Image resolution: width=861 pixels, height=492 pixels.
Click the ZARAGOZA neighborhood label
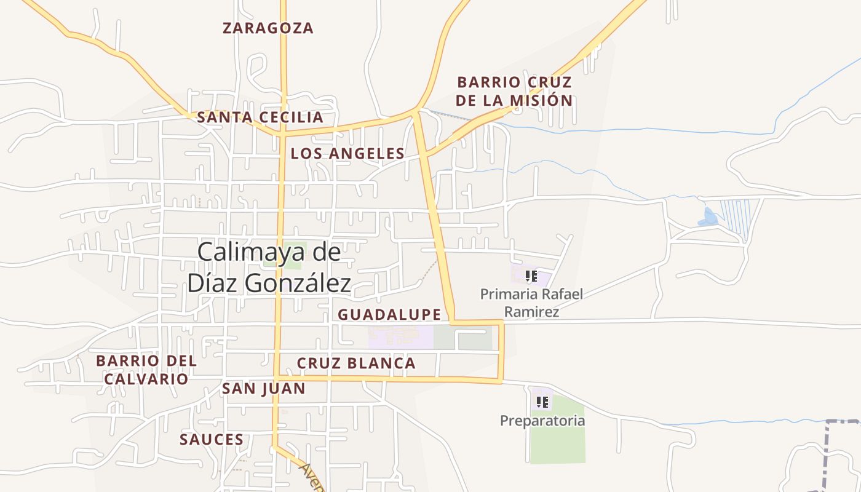tap(268, 28)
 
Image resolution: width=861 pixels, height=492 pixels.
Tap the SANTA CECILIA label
tap(260, 117)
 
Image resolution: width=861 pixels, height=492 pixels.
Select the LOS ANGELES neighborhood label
tap(347, 153)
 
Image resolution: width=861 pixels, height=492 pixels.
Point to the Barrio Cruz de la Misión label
tap(514, 91)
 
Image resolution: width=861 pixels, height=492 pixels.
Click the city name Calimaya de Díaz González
tap(269, 268)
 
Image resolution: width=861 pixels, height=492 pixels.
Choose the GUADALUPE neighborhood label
tap(389, 314)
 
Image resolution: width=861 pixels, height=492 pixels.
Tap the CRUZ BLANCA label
tap(356, 363)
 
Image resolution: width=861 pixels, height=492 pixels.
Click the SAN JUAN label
tap(263, 388)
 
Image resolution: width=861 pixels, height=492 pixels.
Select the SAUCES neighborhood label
tap(212, 439)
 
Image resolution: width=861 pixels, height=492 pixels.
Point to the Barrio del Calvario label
tap(146, 369)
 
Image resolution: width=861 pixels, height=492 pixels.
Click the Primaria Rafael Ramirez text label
tap(531, 303)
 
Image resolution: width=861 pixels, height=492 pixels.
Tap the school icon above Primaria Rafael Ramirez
tap(531, 276)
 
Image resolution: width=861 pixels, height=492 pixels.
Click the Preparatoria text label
tap(542, 421)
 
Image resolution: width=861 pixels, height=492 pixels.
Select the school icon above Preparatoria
tap(542, 402)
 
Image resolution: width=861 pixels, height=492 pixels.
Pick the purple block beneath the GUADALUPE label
tap(400, 338)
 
